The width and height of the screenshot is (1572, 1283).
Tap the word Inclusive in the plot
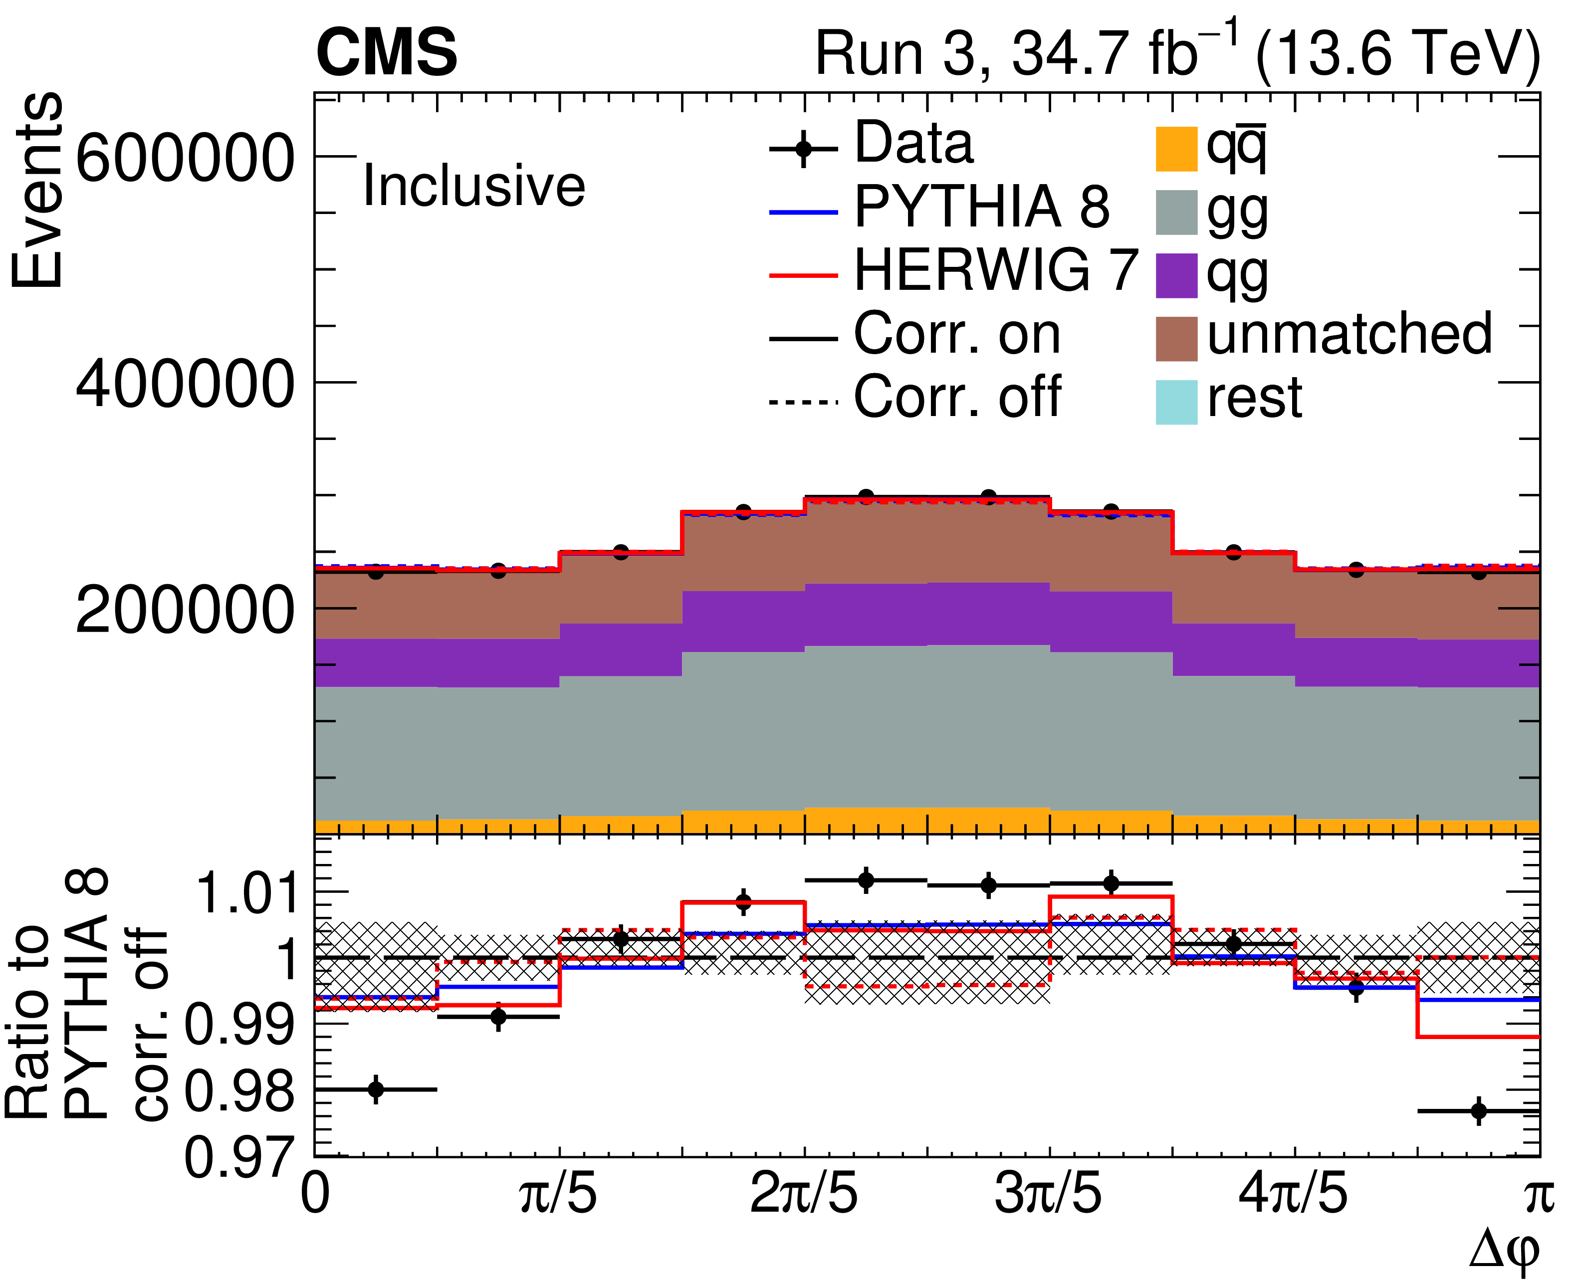point(474,186)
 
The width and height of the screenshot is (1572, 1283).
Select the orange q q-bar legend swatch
point(1176,149)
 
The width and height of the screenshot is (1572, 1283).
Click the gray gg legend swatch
point(1176,213)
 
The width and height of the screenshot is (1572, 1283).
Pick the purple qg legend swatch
point(1176,276)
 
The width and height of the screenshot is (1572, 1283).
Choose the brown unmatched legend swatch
point(1176,339)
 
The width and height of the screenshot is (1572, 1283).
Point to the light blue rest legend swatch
point(1176,402)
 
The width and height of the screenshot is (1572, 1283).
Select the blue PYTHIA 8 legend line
point(803,213)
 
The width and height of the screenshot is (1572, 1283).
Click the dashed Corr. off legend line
point(803,403)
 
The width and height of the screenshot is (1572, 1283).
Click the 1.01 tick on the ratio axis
point(246,893)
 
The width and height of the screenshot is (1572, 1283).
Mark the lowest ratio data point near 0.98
point(1478,1131)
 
